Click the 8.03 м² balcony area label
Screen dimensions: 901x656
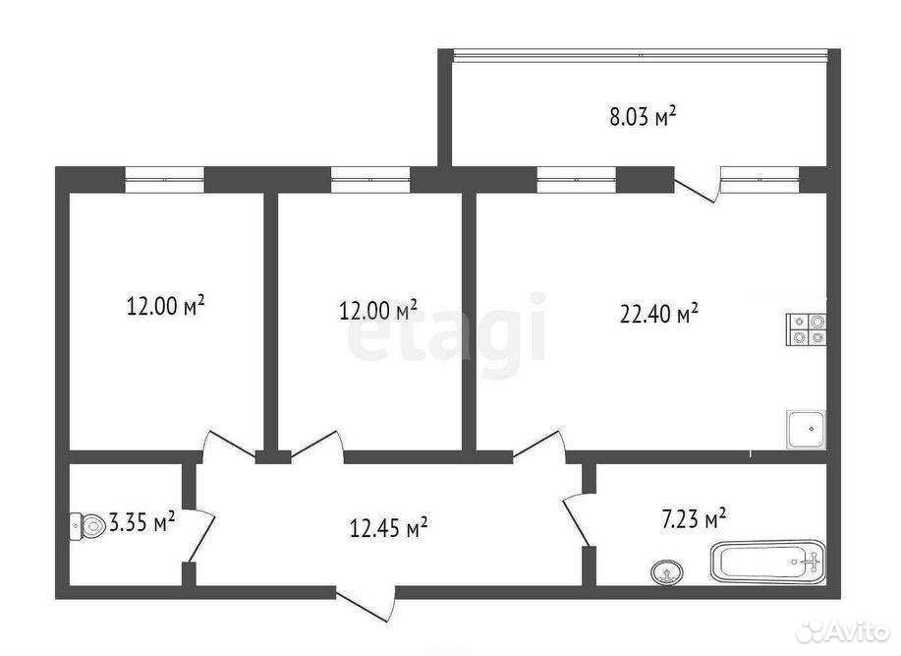point(643,117)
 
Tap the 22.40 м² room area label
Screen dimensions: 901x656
point(659,314)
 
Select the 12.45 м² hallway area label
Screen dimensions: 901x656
point(389,527)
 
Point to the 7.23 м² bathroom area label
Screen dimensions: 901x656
point(694,518)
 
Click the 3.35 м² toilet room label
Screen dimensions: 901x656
point(141,523)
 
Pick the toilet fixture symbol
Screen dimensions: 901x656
point(87,526)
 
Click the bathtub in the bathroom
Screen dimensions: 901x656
point(768,562)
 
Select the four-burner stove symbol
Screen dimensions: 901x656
point(806,329)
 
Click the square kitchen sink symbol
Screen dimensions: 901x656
point(806,429)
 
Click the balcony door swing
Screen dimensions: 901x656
point(697,185)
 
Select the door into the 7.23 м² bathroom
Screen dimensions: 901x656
point(577,519)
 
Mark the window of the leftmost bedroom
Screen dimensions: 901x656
point(165,179)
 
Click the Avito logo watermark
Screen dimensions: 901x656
point(846,630)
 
